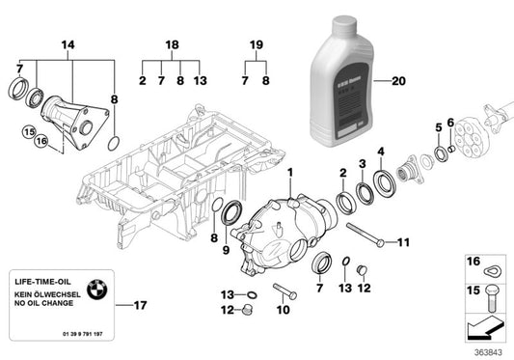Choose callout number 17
[141, 307]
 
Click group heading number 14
[68, 43]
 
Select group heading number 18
[172, 44]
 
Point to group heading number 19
[257, 44]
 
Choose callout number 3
[362, 163]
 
